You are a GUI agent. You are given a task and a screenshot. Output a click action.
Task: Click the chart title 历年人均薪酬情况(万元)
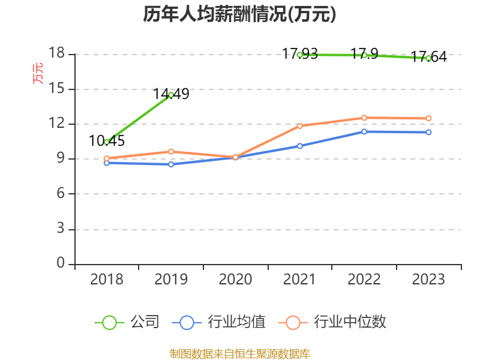click(x=239, y=14)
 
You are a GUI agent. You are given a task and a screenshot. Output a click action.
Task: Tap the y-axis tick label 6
click(x=61, y=194)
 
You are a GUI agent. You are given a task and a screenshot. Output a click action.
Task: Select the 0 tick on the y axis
click(x=61, y=263)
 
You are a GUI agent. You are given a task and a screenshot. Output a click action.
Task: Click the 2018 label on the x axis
click(x=106, y=280)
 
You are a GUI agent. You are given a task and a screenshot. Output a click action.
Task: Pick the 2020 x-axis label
click(x=235, y=280)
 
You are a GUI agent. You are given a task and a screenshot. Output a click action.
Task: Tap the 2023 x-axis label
click(x=428, y=280)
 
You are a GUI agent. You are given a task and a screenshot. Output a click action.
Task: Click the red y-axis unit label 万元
click(x=38, y=73)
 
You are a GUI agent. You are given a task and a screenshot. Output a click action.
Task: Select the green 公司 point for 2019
click(x=171, y=95)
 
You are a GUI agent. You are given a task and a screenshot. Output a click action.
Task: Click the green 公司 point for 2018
click(x=107, y=142)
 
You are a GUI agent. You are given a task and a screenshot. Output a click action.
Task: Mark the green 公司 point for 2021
click(x=300, y=55)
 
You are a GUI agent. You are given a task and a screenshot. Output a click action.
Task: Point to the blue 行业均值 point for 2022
click(x=364, y=131)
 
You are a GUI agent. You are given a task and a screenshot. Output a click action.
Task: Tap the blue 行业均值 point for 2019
click(x=171, y=164)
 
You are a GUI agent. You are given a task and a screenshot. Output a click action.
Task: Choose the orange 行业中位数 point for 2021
click(x=300, y=126)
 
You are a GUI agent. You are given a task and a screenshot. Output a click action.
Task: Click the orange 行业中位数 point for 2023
click(x=428, y=118)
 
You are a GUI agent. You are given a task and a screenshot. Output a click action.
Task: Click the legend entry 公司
click(x=128, y=322)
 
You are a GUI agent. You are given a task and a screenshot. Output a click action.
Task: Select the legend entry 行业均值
click(x=219, y=322)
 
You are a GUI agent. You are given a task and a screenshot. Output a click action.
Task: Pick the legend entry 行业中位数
click(x=333, y=322)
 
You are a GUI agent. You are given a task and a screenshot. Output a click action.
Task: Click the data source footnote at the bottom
click(x=239, y=353)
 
